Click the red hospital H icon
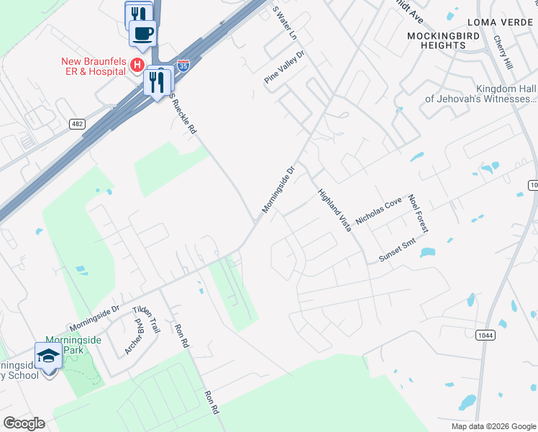[x=136, y=66]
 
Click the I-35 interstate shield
[x=184, y=66]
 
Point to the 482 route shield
[x=77, y=124]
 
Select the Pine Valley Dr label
[x=285, y=67]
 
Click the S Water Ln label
[x=285, y=22]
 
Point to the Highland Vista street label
[x=335, y=210]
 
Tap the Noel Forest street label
[x=418, y=213]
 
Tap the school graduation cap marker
[x=49, y=355]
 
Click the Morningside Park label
[x=72, y=345]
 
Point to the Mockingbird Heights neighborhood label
[x=437, y=40]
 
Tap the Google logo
[x=24, y=423]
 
